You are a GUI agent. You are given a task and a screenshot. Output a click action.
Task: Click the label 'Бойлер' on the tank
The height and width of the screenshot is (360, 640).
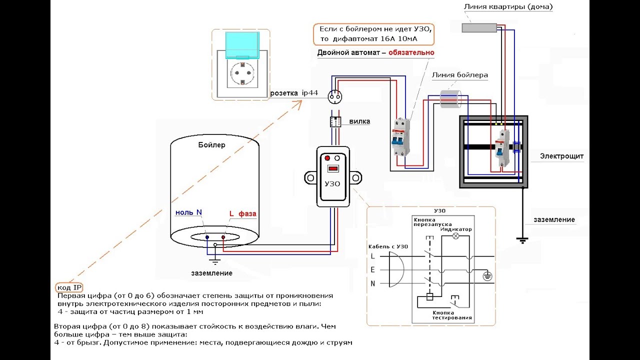click(211, 145)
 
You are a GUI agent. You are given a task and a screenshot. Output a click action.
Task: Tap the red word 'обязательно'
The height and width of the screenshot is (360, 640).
click(411, 52)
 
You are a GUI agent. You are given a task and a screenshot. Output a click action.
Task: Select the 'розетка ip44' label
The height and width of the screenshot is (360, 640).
click(293, 93)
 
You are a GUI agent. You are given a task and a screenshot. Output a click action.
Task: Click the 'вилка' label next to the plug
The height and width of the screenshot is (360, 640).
click(359, 121)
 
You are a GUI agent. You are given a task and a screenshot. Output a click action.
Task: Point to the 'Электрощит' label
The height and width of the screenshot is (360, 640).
click(561, 156)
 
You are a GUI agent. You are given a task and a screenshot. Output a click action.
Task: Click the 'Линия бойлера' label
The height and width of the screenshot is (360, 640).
click(459, 75)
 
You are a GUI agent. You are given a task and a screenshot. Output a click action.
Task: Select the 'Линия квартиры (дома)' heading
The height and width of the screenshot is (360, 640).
click(508, 6)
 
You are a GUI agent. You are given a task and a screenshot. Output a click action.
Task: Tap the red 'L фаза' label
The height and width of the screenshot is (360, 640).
click(243, 213)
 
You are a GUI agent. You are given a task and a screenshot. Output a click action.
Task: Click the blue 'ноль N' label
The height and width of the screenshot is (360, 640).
click(188, 212)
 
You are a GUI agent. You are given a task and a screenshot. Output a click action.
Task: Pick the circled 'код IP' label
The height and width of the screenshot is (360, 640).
click(69, 287)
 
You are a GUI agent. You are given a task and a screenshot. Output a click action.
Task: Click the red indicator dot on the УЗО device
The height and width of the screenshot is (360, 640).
click(327, 158)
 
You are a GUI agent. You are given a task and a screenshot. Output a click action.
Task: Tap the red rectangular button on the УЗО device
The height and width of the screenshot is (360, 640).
click(333, 168)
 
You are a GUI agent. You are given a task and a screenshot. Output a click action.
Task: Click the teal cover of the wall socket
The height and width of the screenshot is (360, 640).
click(242, 45)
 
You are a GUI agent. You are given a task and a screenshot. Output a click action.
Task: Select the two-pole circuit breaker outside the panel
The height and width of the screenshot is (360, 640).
click(400, 137)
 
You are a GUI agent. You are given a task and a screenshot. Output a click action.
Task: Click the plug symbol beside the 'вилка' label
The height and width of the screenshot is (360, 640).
click(335, 121)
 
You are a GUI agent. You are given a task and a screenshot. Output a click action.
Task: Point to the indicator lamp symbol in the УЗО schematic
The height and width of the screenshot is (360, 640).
click(456, 236)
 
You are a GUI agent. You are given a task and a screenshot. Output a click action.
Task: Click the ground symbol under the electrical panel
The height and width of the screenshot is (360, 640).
click(522, 240)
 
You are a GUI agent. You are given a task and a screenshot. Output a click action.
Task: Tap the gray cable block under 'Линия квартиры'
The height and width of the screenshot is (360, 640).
click(479, 27)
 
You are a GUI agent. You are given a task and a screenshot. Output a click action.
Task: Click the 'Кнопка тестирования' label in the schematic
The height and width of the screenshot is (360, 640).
click(451, 315)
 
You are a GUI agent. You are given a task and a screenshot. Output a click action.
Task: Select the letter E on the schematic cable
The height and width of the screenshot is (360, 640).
click(372, 269)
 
